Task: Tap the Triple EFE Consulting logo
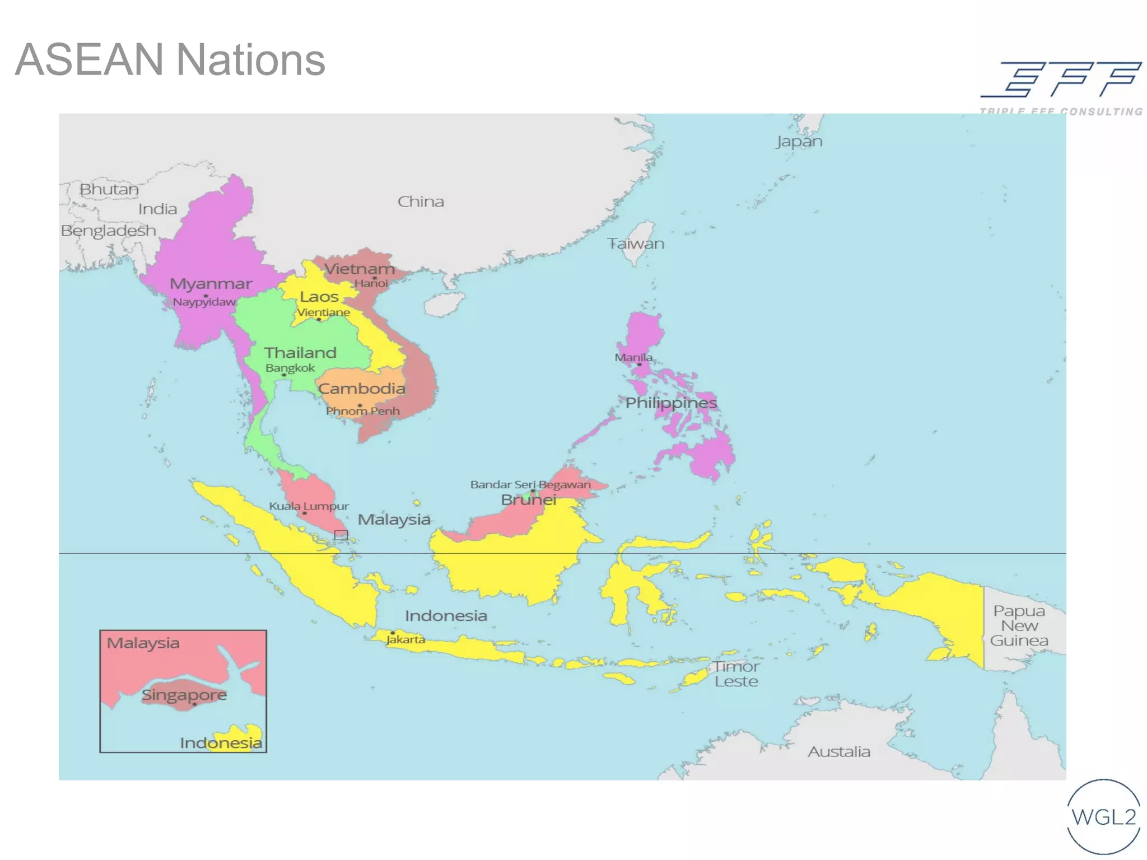pyautogui.click(x=1061, y=87)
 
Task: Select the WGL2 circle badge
pyautogui.click(x=1103, y=817)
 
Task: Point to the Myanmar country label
pyautogui.click(x=211, y=284)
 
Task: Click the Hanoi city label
pyautogui.click(x=371, y=284)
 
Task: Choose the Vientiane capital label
pyautogui.click(x=323, y=312)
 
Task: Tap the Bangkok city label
pyautogui.click(x=290, y=368)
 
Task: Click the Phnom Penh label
pyautogui.click(x=362, y=411)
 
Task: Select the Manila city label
pyautogui.click(x=633, y=357)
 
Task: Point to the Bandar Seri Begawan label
pyautogui.click(x=530, y=484)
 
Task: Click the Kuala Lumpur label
pyautogui.click(x=309, y=506)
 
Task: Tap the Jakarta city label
pyautogui.click(x=405, y=639)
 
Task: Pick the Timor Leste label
pyautogui.click(x=736, y=674)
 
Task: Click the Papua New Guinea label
pyautogui.click(x=1019, y=625)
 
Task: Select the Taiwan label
pyautogui.click(x=636, y=244)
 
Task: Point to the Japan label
pyautogui.click(x=799, y=141)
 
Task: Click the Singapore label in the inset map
pyautogui.click(x=184, y=695)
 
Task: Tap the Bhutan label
pyautogui.click(x=109, y=189)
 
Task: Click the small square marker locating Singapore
pyautogui.click(x=341, y=535)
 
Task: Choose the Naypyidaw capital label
pyautogui.click(x=204, y=302)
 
